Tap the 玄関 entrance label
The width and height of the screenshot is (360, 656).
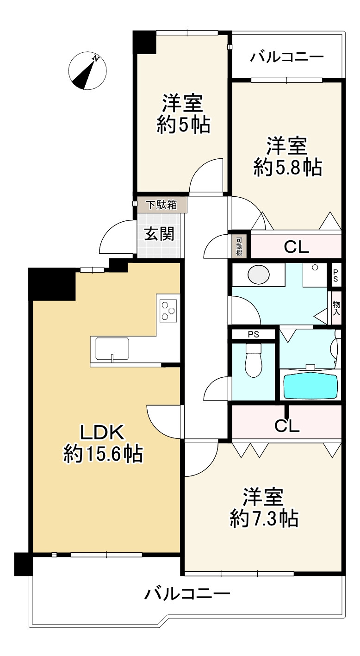pyautogui.click(x=159, y=234)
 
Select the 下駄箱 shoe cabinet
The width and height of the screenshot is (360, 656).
pyautogui.click(x=162, y=205)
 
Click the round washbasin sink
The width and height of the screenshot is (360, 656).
pyautogui.click(x=258, y=275)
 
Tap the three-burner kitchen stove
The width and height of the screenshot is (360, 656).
pyautogui.click(x=168, y=310)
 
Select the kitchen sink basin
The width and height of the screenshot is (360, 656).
pyautogui.click(x=112, y=348)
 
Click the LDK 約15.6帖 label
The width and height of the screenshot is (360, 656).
pyautogui.click(x=102, y=444)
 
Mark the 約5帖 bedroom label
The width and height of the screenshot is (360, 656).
pyautogui.click(x=183, y=114)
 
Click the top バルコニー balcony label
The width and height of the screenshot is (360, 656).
pyautogui.click(x=287, y=57)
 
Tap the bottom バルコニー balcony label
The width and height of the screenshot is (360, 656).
pyautogui.click(x=187, y=594)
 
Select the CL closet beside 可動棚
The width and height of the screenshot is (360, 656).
pyautogui.click(x=296, y=247)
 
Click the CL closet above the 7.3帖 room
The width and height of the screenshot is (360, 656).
pyautogui.click(x=287, y=425)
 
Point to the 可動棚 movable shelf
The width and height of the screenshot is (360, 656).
pyautogui.click(x=239, y=247)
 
